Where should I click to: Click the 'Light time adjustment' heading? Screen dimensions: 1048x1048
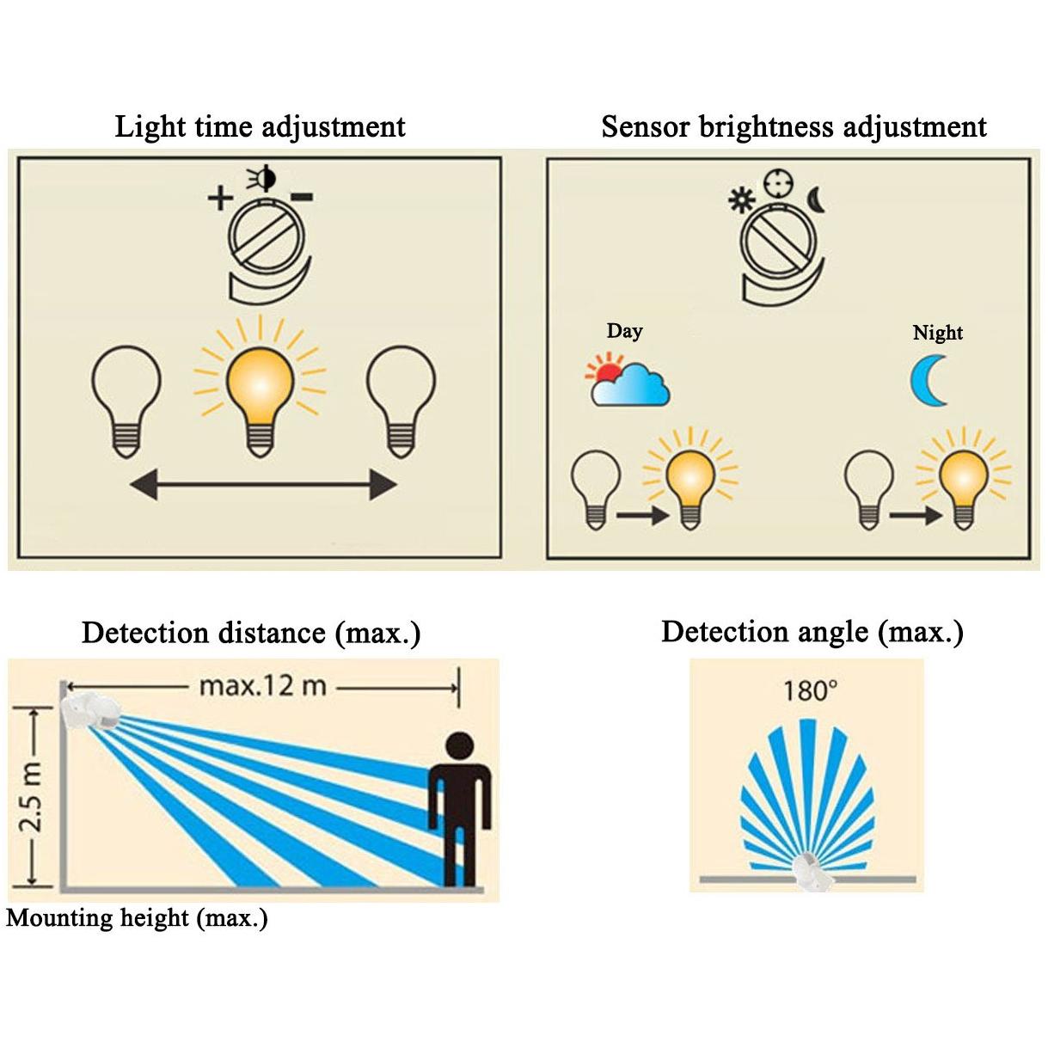tap(260, 127)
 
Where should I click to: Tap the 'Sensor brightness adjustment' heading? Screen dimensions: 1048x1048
tap(793, 127)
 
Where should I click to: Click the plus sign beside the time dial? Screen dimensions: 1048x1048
tap(220, 198)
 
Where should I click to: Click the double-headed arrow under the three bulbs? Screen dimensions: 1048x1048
tap(262, 485)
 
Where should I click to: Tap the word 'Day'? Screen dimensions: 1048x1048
tap(624, 331)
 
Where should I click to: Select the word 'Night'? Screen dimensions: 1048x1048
tap(937, 333)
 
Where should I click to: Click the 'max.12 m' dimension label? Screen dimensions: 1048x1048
tap(262, 686)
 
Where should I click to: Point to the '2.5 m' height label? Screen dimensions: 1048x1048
tap(32, 799)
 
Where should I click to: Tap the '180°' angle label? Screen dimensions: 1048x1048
tap(809, 690)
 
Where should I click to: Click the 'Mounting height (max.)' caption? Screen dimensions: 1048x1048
tap(138, 918)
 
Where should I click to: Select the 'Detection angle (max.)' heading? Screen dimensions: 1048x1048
tap(812, 632)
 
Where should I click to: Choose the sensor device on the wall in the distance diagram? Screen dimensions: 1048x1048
tap(90, 712)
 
